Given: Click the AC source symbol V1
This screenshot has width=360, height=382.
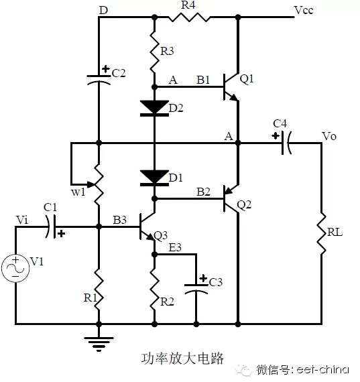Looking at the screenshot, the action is [x=15, y=268].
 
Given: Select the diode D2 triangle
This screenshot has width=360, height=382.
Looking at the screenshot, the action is [x=154, y=107].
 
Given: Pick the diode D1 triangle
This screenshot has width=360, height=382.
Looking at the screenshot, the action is [x=154, y=177].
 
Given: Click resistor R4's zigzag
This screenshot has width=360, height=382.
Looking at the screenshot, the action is [x=189, y=17].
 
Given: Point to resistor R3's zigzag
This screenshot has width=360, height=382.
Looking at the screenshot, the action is [x=154, y=52].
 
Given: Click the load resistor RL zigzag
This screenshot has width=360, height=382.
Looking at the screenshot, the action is [x=321, y=234].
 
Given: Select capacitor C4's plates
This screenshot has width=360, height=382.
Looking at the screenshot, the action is [x=286, y=143].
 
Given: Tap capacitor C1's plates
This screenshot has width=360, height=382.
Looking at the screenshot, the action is [x=51, y=227].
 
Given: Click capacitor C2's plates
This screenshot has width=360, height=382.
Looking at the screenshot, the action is [x=99, y=80].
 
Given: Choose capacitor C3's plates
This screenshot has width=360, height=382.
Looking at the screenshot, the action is [x=196, y=289].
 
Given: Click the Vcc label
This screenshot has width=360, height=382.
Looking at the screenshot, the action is [x=304, y=10].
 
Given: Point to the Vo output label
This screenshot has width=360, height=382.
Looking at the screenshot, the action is [x=329, y=137].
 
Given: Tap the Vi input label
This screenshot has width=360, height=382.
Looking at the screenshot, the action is [x=22, y=220].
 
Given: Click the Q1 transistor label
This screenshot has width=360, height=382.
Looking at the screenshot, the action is [x=247, y=79].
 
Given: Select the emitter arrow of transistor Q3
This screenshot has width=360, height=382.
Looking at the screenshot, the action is [x=151, y=237].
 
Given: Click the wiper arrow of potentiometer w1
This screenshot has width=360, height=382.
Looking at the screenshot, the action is [x=91, y=184].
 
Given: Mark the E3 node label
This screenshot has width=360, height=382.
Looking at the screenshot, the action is [x=175, y=248].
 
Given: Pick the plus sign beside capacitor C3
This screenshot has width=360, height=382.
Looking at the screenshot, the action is [x=203, y=278].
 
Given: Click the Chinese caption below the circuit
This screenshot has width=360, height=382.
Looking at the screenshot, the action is [x=182, y=359].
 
